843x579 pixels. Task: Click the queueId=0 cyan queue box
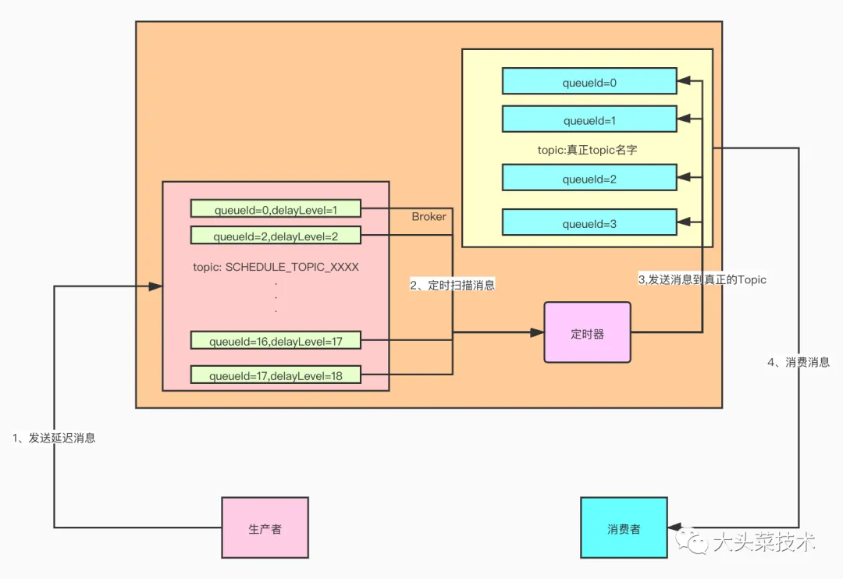tap(589, 81)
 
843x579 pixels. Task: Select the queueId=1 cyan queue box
tap(589, 120)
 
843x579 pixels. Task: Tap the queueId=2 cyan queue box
tap(589, 179)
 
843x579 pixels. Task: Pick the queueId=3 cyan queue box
tap(589, 223)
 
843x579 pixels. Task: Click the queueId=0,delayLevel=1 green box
tap(276, 208)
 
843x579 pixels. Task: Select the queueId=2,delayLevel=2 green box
tap(276, 236)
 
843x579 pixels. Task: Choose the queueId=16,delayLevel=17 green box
tap(276, 340)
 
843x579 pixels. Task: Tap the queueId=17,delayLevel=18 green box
tap(276, 375)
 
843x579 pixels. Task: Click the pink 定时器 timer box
tap(587, 333)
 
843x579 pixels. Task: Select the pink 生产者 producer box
tap(265, 528)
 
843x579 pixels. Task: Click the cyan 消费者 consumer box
tap(624, 528)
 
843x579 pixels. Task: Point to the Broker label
tap(429, 216)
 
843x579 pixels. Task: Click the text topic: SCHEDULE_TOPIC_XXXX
tap(276, 267)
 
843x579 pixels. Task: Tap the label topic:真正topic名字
tap(587, 149)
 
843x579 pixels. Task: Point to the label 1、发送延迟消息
tap(54, 438)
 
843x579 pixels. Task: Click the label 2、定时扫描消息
tap(453, 286)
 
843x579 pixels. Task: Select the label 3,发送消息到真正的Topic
tap(702, 279)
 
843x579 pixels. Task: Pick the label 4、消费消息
tap(799, 362)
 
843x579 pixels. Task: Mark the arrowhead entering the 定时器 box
tap(537, 333)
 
